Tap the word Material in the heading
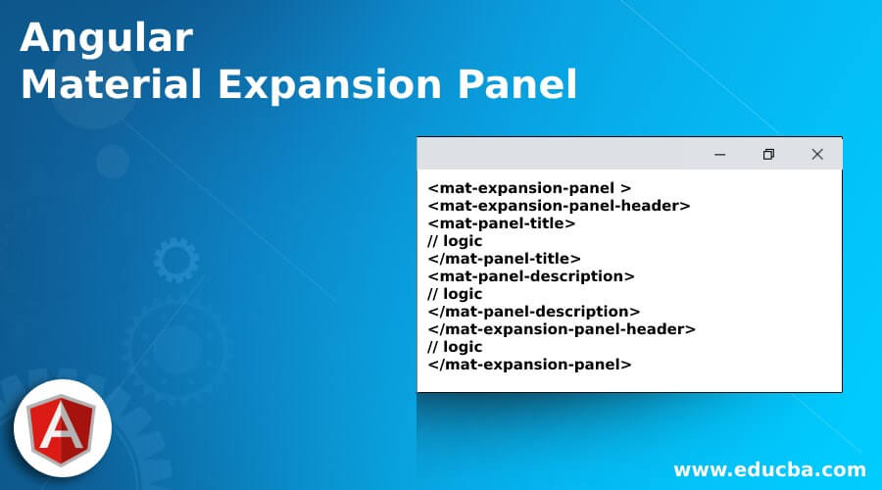click(x=112, y=84)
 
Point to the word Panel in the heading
click(x=516, y=84)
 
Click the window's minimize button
click(x=719, y=154)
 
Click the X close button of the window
click(x=817, y=154)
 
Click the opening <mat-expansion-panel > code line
click(x=529, y=188)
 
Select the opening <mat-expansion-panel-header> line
click(x=559, y=206)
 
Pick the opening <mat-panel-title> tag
click(x=501, y=223)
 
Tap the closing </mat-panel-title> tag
click(x=504, y=258)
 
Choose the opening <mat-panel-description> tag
click(x=531, y=276)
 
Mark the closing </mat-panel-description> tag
click(x=534, y=311)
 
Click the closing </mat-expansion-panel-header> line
click(x=562, y=328)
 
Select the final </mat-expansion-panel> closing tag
click(x=529, y=364)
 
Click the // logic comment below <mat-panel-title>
click(x=455, y=241)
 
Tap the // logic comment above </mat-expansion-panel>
click(x=455, y=347)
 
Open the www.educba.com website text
click(x=769, y=469)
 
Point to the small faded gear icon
click(x=176, y=260)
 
